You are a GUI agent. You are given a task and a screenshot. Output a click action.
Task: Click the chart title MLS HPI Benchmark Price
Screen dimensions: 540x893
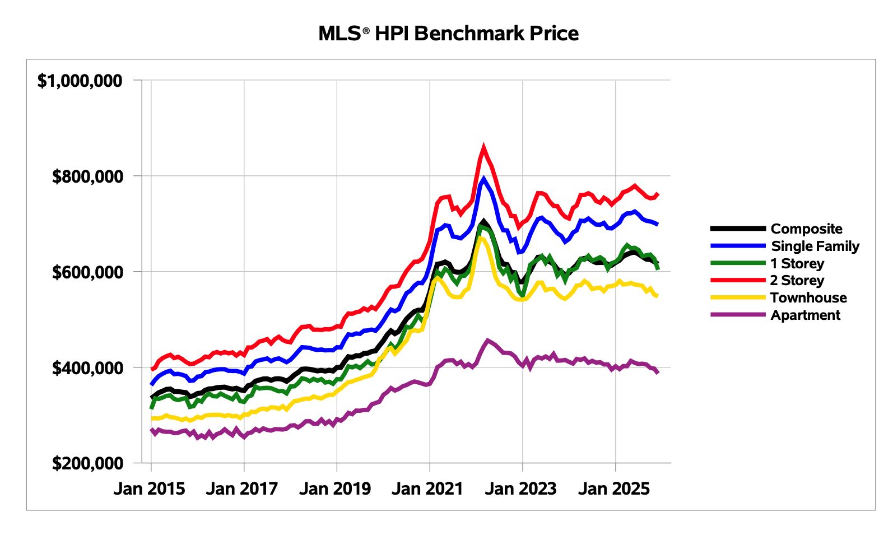click(448, 34)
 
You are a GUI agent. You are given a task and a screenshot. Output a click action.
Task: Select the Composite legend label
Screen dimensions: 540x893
click(806, 229)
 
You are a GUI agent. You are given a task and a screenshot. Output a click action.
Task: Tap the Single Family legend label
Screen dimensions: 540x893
click(815, 246)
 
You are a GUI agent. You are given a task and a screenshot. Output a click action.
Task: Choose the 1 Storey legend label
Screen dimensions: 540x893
click(797, 263)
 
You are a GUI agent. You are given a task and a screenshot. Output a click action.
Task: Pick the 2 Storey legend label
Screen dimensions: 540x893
click(797, 280)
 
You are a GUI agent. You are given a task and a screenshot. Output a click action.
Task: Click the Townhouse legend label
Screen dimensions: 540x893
click(808, 297)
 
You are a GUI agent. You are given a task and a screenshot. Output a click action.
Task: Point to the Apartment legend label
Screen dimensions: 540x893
click(805, 315)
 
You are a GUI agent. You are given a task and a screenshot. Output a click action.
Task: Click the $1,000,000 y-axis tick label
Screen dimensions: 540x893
click(80, 81)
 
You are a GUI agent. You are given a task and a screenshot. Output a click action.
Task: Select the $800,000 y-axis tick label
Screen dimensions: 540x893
click(87, 176)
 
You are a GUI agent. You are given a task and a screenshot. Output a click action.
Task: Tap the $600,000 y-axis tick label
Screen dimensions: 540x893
click(87, 272)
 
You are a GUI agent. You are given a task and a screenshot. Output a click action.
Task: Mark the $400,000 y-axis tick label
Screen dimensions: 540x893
click(87, 368)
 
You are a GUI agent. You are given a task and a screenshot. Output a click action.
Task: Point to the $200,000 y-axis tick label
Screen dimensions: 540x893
click(87, 463)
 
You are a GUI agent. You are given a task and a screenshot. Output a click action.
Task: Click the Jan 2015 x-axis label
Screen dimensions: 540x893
click(149, 488)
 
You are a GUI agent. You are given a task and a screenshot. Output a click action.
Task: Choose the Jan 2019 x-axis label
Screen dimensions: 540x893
click(335, 488)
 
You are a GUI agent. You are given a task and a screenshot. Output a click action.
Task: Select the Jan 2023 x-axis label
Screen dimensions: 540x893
click(520, 488)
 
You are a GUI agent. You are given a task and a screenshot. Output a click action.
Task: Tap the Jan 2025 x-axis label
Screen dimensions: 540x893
click(613, 488)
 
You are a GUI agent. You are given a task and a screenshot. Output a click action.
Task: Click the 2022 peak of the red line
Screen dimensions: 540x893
click(483, 147)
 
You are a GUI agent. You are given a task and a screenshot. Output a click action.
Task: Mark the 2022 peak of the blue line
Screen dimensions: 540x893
click(483, 179)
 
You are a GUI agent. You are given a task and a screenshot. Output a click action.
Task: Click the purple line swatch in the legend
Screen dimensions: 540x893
click(738, 315)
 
